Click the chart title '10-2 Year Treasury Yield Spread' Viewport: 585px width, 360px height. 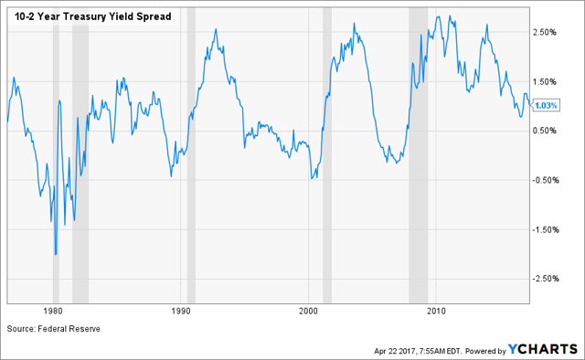point(92,16)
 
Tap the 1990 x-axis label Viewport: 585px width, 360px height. point(181,311)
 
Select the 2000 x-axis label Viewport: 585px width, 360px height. point(309,311)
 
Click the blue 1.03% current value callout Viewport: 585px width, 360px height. point(545,105)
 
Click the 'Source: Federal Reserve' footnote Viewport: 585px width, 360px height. point(53,328)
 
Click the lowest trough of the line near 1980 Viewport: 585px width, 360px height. point(56,254)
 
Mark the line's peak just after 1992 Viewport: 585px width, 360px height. point(216,30)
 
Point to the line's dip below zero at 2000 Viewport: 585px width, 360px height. point(312,177)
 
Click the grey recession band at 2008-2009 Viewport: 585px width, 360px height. point(418,155)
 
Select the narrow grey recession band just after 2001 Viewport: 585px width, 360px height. point(326,155)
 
